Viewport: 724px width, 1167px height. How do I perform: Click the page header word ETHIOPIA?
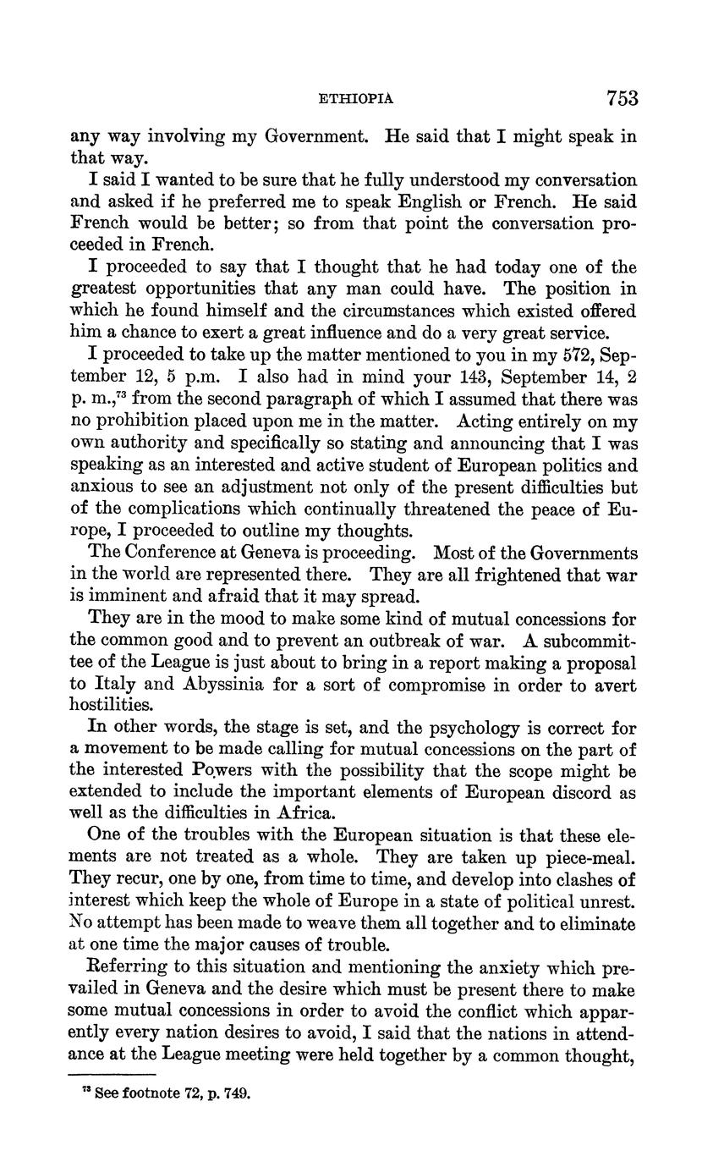click(355, 99)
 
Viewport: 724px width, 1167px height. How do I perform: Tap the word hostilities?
click(112, 706)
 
